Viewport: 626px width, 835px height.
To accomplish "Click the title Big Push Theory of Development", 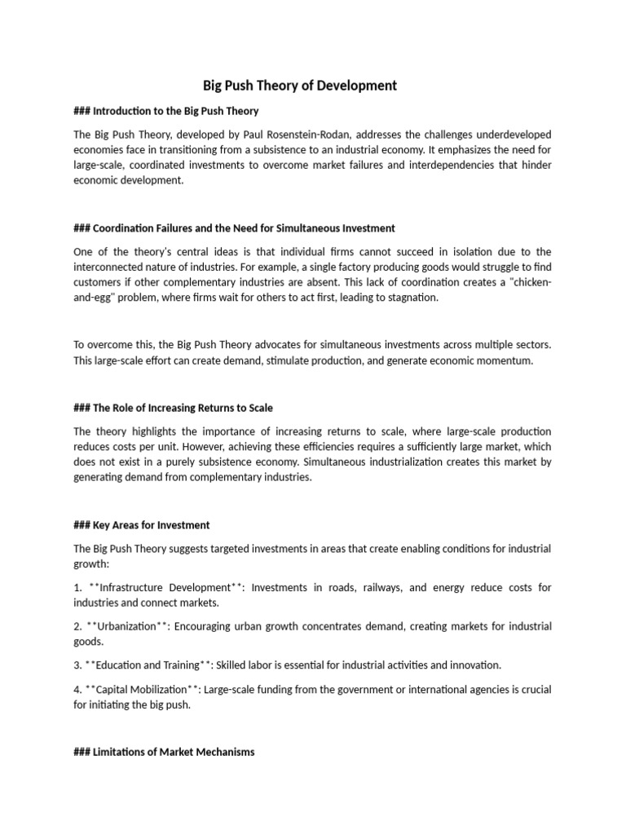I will tap(299, 85).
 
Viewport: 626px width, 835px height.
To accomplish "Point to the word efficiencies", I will tap(262, 446).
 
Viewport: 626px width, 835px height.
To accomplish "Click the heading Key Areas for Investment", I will tap(142, 524).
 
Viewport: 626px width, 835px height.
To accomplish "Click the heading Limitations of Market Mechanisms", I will tap(163, 751).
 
